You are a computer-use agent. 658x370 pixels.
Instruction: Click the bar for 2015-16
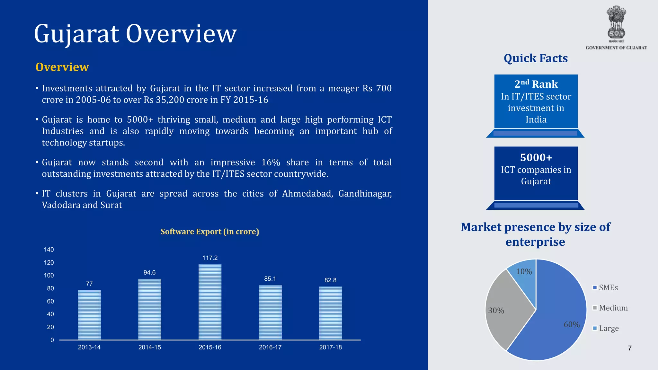tap(210, 302)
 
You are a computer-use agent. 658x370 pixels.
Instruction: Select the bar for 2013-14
tap(89, 315)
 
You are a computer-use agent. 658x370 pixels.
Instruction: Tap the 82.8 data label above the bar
tap(330, 280)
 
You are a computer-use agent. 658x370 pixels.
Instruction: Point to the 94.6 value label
tap(149, 272)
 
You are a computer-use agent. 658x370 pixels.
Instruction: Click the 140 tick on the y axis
tap(49, 250)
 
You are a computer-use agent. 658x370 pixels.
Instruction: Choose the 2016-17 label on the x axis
tap(270, 347)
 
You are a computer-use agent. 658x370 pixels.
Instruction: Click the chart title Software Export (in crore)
tap(209, 232)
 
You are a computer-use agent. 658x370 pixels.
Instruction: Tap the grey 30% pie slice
tap(504, 308)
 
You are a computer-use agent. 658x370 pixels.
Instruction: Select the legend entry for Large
tap(609, 328)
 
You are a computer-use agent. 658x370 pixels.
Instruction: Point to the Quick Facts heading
tap(536, 58)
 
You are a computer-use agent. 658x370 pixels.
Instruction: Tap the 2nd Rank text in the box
tap(536, 84)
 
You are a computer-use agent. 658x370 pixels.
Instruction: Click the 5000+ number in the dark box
tap(536, 157)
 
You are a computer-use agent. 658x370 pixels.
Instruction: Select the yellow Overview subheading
tap(62, 67)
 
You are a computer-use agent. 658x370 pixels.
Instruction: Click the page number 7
tap(630, 348)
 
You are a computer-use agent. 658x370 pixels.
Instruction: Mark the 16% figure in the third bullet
tap(271, 162)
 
